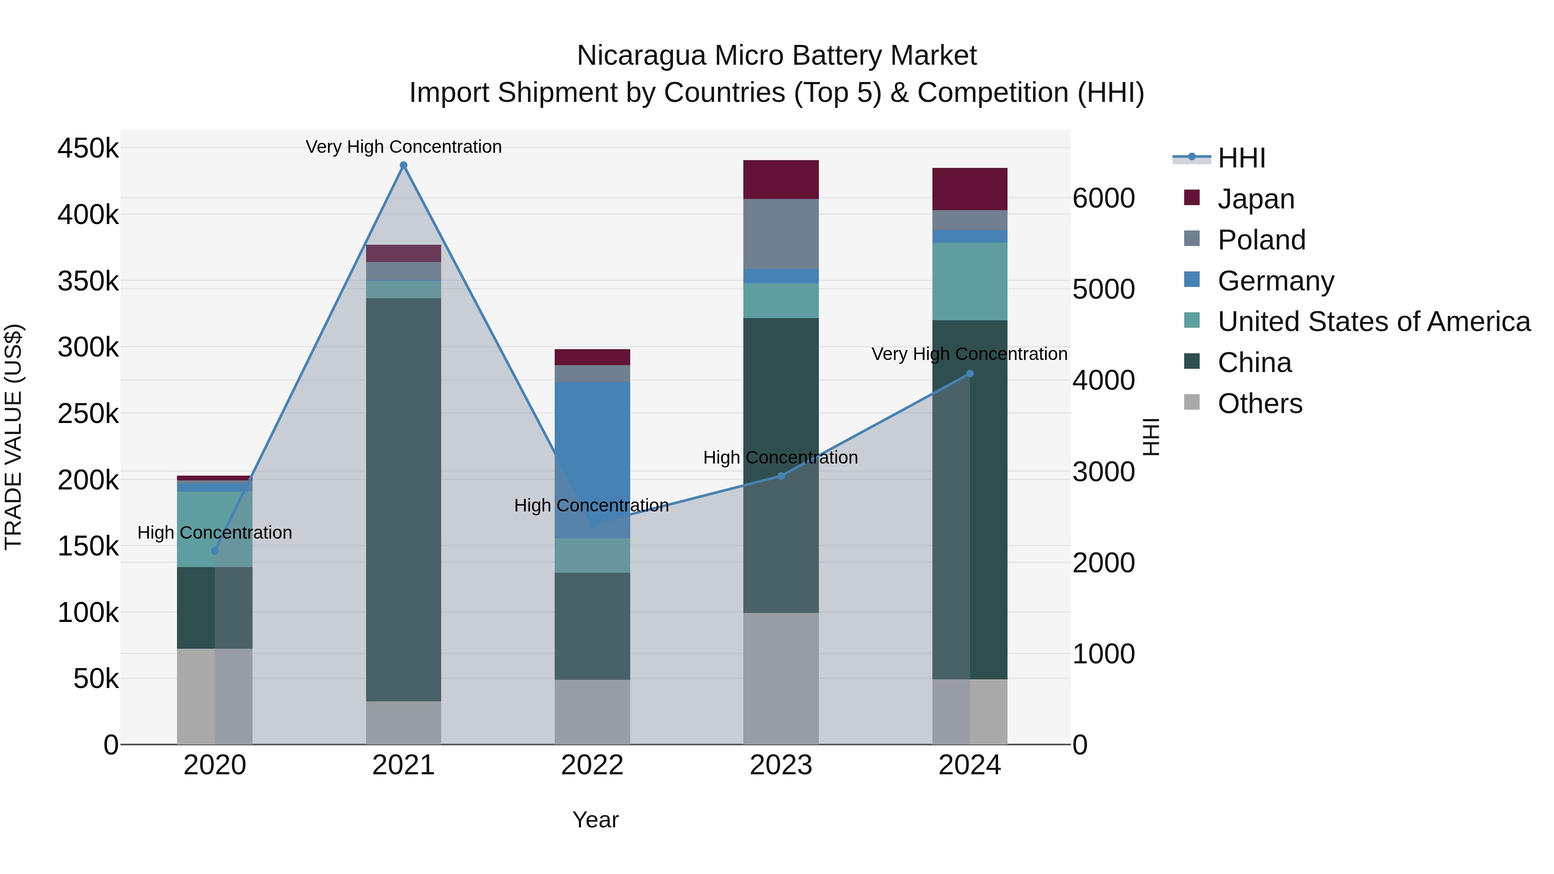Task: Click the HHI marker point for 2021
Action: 404,165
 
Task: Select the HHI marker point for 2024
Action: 970,374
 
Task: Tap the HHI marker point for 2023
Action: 780,476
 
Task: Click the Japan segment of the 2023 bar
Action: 780,179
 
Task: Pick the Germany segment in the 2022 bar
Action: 592,458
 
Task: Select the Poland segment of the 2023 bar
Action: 780,233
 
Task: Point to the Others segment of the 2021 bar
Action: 404,723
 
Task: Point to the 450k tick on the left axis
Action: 88,148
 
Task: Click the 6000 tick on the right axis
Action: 1103,199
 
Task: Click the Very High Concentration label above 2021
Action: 404,147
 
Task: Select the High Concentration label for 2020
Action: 215,533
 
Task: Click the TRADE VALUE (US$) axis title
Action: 13,437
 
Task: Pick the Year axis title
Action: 595,820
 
